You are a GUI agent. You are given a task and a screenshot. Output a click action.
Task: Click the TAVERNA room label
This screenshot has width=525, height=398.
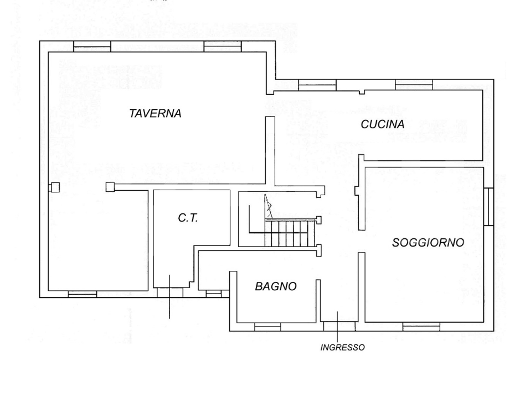tap(156, 113)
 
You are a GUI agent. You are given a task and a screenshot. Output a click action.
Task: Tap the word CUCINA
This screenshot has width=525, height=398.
tap(382, 125)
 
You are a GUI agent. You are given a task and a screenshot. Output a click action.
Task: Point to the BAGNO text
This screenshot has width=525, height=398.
tap(276, 286)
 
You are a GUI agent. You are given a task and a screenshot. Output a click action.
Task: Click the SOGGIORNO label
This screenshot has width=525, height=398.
tap(428, 242)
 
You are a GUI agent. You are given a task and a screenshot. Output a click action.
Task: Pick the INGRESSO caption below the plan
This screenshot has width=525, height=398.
tap(342, 348)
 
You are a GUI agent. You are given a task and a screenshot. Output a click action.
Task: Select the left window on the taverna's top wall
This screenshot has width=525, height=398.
tap(92, 47)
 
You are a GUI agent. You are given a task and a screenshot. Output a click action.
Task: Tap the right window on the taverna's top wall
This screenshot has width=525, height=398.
tap(222, 47)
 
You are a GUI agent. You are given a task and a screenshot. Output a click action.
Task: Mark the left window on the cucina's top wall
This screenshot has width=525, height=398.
tap(317, 85)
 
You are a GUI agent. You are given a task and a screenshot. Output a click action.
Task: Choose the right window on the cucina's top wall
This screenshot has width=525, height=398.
tap(414, 85)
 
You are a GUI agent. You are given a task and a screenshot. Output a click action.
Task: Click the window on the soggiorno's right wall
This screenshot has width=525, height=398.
tap(488, 207)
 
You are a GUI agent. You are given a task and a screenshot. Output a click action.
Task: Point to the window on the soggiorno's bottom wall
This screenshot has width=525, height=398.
tap(421, 327)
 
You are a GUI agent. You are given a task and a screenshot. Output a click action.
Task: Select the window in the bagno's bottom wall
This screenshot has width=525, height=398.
tap(267, 327)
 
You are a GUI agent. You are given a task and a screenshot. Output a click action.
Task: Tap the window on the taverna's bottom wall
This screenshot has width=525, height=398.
tap(82, 294)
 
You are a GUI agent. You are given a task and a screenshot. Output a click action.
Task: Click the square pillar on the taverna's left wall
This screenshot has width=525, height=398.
tap(54, 187)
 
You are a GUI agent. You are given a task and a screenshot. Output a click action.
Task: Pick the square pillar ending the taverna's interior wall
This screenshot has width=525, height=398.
tap(110, 187)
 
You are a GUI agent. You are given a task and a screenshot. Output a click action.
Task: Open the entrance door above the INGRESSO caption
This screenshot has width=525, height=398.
tap(338, 327)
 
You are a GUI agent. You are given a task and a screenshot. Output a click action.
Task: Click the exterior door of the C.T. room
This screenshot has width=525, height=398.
tap(170, 293)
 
